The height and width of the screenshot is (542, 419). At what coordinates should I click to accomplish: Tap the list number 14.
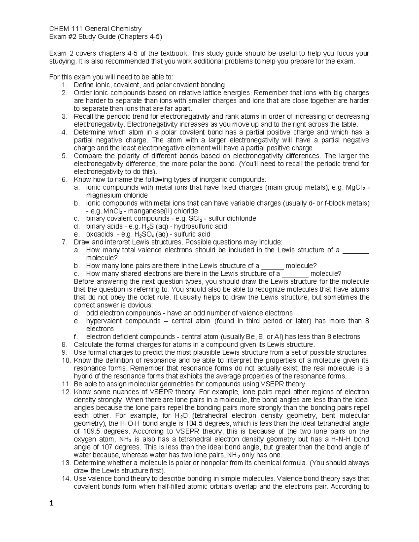click(66, 478)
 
